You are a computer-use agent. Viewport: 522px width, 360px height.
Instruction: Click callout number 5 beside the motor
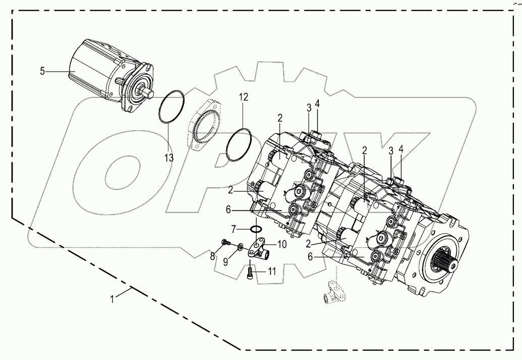(42, 72)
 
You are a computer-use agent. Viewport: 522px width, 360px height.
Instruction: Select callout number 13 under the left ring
(168, 158)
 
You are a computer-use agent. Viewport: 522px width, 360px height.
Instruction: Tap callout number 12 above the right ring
(244, 97)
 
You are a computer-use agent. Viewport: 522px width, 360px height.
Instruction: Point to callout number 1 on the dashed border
(113, 298)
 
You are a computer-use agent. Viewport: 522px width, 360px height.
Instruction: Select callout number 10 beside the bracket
(281, 245)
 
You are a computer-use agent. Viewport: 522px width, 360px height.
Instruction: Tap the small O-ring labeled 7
(257, 230)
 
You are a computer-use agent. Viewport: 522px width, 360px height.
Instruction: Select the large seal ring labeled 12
(239, 145)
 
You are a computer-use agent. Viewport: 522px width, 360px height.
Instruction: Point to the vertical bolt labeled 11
(251, 272)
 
